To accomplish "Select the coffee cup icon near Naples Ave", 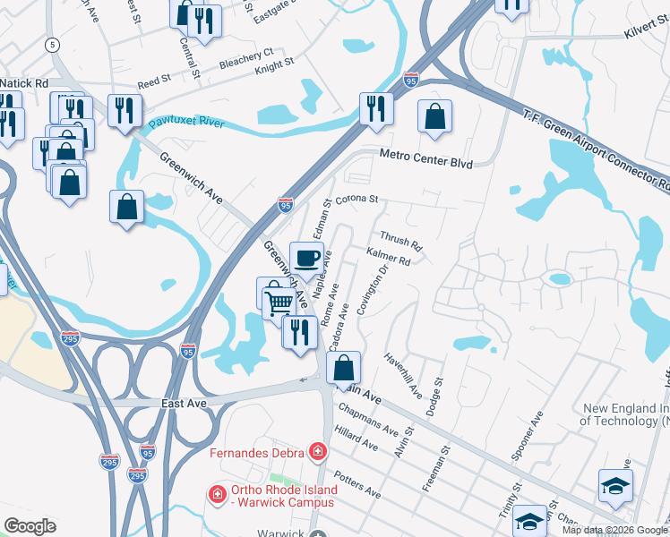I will [x=307, y=259].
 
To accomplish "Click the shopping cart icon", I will [x=279, y=303].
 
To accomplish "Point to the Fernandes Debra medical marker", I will [x=317, y=452].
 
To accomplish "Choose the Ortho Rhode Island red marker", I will [x=216, y=494].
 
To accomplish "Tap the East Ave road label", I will [x=184, y=404].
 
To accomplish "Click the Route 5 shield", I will [x=53, y=44].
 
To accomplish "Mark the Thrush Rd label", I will [x=400, y=243].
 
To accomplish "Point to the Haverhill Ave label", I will [x=402, y=375].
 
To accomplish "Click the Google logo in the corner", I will [x=29, y=526].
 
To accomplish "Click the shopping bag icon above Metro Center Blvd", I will [x=434, y=116].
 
